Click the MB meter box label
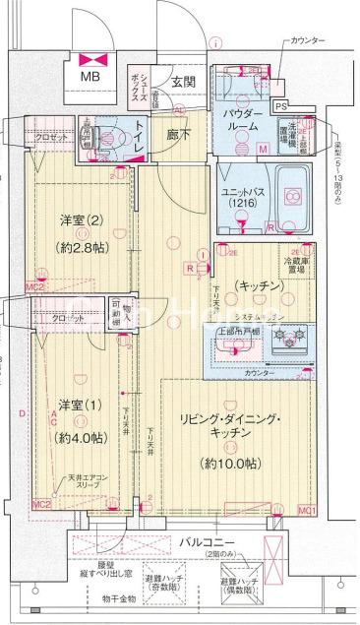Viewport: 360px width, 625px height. click(90, 75)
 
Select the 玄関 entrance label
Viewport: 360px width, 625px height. click(182, 83)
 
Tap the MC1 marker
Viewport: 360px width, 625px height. click(306, 511)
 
